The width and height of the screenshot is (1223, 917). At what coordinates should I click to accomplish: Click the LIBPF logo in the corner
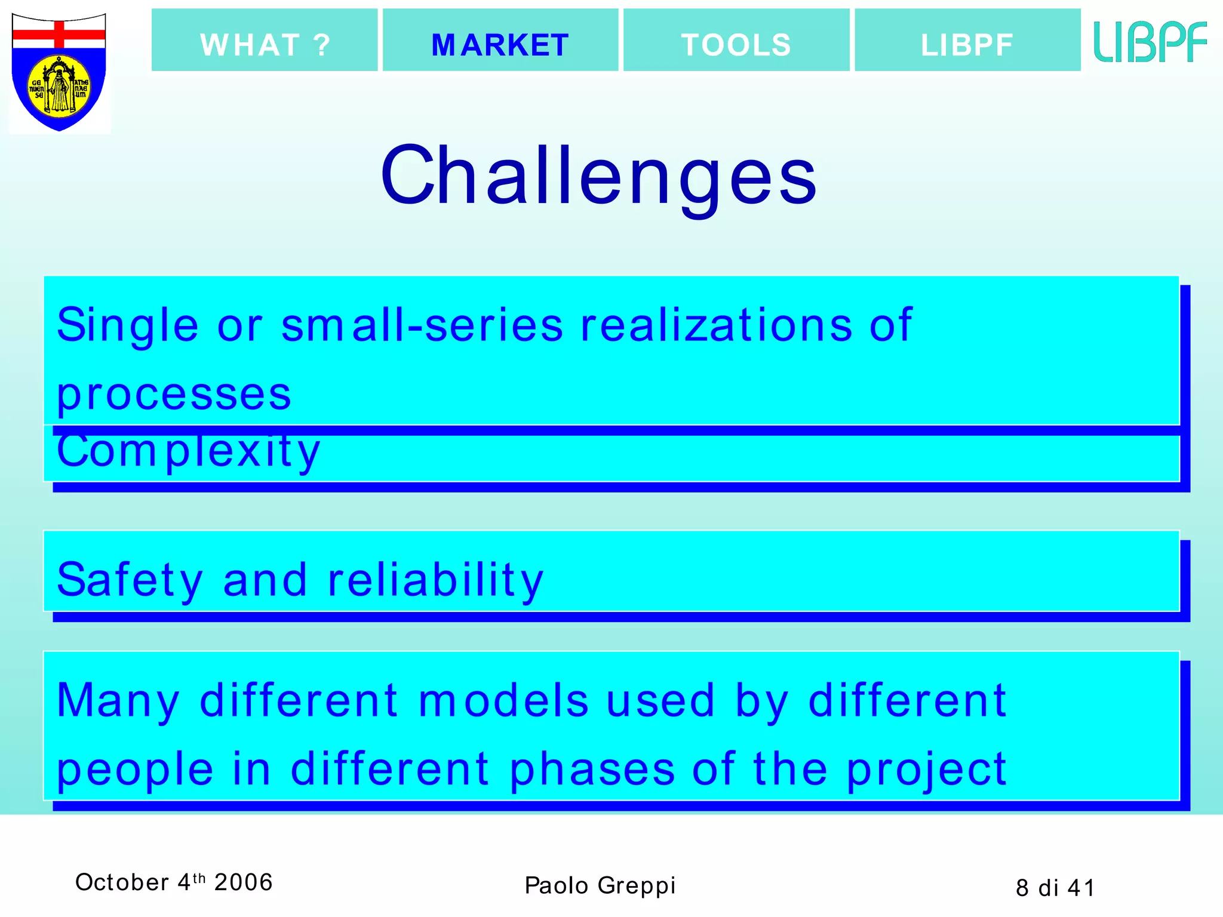coord(1150,42)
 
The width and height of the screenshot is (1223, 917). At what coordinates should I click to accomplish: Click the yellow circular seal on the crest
coord(60,87)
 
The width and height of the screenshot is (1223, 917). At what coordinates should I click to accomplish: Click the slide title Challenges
coord(599,177)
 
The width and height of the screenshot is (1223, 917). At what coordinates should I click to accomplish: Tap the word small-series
coord(422,325)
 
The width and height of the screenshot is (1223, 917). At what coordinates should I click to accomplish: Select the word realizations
coord(717,325)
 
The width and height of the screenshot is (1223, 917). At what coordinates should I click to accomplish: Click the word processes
coord(174,395)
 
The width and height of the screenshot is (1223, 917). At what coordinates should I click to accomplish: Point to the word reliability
coord(435,580)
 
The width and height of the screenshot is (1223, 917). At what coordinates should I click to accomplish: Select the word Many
coord(118,700)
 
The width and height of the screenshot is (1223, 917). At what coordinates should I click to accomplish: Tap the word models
coord(503,700)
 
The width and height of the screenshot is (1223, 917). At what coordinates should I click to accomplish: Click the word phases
coord(592,769)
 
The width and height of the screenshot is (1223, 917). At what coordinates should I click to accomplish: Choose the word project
coord(927,770)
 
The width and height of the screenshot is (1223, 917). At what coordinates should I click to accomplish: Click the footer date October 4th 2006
coord(174,882)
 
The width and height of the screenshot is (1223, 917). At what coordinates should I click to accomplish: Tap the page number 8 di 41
coord(1055,888)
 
